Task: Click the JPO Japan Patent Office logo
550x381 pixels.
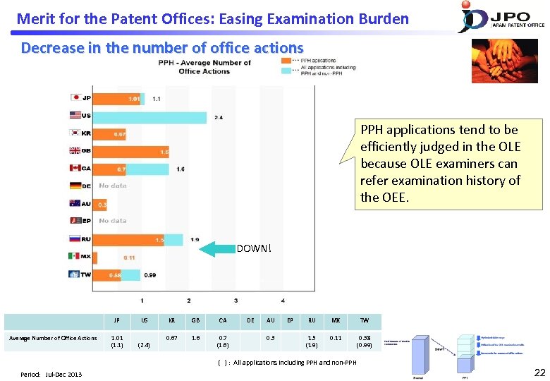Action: click(501, 17)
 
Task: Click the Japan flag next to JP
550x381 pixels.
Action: click(75, 98)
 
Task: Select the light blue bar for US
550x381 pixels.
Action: click(150, 116)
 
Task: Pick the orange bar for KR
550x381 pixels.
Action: click(111, 134)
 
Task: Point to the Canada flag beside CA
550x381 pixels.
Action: click(75, 169)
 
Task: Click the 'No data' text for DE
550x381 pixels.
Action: click(112, 186)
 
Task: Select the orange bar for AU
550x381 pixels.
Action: click(99, 204)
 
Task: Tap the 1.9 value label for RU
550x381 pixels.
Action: click(194, 239)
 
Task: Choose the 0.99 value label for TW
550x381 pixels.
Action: click(150, 274)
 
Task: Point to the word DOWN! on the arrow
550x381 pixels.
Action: click(252, 248)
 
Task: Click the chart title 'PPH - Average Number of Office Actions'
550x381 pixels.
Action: click(204, 67)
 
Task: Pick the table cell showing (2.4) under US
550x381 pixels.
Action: click(145, 345)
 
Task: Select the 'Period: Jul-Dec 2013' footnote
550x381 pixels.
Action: click(51, 374)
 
